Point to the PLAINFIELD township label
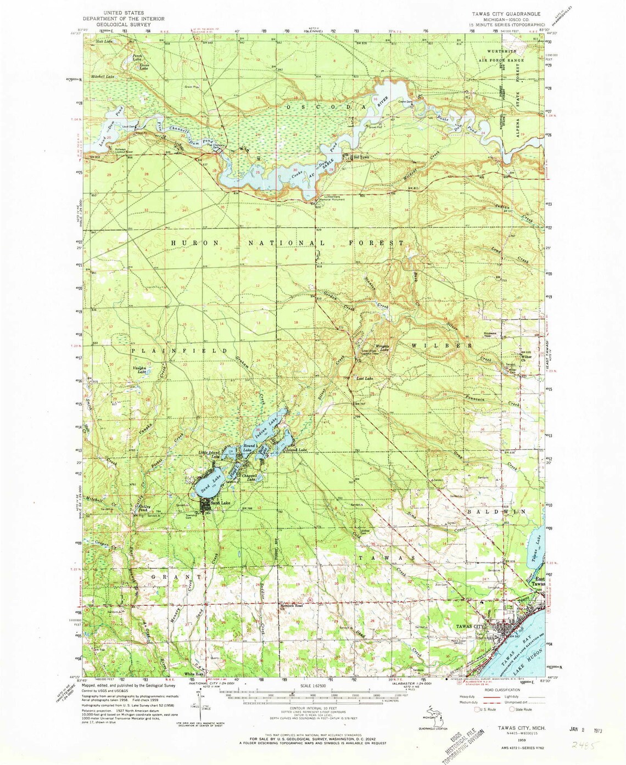[179, 350]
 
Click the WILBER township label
[441, 346]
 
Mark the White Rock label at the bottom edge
[193, 674]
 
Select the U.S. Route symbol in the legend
[478, 709]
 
